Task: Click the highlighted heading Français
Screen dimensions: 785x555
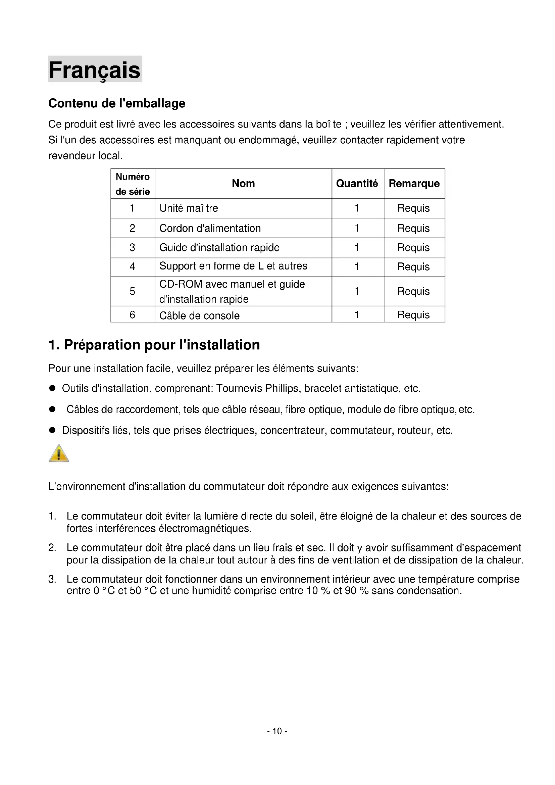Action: pos(95,70)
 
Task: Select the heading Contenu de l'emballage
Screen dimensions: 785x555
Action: pos(116,103)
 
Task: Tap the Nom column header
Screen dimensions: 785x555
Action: pos(243,184)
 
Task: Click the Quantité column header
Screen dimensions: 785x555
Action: pos(357,184)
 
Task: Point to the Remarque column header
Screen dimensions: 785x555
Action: pos(414,184)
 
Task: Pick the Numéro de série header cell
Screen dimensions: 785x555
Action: pos(133,184)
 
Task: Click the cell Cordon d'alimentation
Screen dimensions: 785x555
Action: pos(210,229)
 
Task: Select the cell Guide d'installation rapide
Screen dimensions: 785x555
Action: pos(219,248)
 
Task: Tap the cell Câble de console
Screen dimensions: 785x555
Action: pos(199,315)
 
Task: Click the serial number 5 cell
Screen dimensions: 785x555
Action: pos(132,291)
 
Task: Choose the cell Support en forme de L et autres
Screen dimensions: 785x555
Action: pos(233,266)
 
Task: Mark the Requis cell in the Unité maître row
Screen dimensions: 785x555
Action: pos(413,208)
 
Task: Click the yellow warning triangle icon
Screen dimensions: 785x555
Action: pos(59,454)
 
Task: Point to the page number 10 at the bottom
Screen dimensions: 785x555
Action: pos(277,731)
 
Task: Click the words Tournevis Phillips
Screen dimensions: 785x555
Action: pos(258,389)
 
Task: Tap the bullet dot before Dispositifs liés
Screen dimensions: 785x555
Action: pos(52,430)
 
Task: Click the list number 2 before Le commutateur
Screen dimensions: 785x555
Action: pos(52,548)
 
